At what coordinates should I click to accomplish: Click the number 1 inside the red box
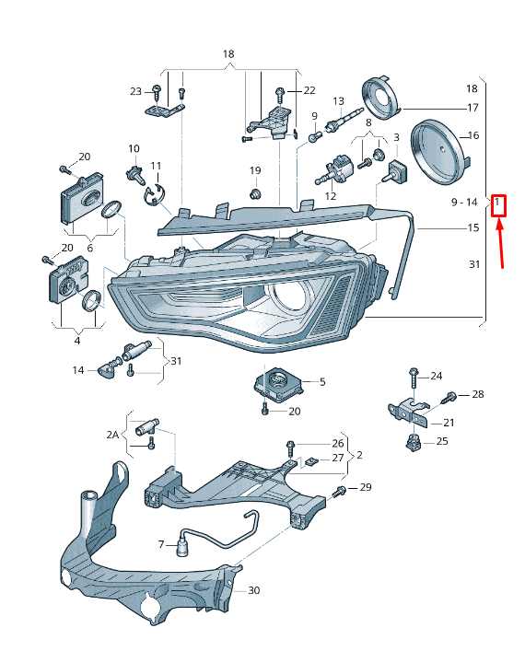point(497,203)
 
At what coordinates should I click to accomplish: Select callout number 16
point(473,135)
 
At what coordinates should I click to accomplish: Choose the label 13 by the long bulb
point(338,101)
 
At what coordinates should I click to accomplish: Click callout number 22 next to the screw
point(309,90)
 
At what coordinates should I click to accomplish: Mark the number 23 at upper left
point(135,91)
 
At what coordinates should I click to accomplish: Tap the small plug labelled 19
point(256,193)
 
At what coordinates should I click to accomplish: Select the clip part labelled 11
point(154,192)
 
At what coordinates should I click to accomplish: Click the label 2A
point(112,434)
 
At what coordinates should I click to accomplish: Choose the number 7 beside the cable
point(160,544)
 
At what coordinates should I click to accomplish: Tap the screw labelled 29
point(341,490)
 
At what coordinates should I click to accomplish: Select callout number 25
point(442,442)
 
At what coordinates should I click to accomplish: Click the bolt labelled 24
point(412,377)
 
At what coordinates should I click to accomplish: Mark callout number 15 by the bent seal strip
point(473,227)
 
